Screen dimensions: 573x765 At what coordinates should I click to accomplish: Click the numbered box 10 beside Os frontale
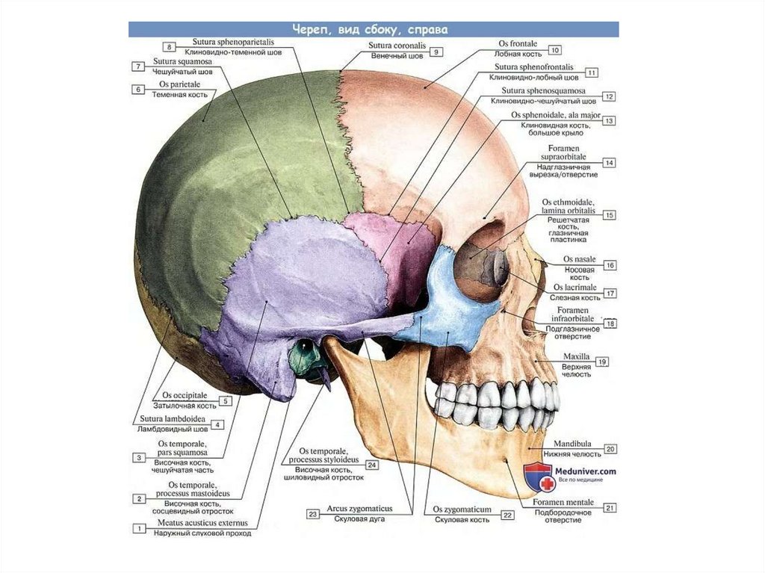[x=555, y=50]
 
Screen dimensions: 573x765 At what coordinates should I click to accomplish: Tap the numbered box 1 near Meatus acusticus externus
[x=138, y=529]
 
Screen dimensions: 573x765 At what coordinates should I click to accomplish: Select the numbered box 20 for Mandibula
[x=610, y=449]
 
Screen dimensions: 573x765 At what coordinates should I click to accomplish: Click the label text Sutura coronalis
[x=397, y=46]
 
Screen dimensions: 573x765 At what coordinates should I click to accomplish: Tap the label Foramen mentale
[x=563, y=503]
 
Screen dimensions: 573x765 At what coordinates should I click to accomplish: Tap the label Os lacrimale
[x=574, y=287]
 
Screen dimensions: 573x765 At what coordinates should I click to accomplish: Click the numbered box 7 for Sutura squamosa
[x=138, y=66]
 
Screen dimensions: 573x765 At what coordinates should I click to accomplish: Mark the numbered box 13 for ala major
[x=609, y=120]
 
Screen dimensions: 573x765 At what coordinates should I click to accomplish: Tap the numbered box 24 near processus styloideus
[x=371, y=464]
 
